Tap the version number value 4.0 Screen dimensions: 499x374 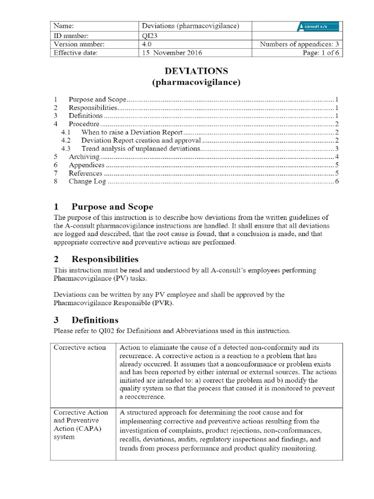point(146,44)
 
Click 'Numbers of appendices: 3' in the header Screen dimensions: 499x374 point(300,44)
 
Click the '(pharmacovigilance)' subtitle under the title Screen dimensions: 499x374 point(197,82)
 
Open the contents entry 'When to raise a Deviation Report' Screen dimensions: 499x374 point(132,132)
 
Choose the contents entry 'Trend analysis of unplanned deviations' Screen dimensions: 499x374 point(141,148)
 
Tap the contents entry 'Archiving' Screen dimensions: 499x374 point(84,157)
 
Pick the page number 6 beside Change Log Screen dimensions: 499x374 point(337,182)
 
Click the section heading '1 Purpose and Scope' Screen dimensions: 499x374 point(103,207)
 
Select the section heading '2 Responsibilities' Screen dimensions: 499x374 point(96,259)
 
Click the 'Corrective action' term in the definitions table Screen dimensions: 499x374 point(79,347)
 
